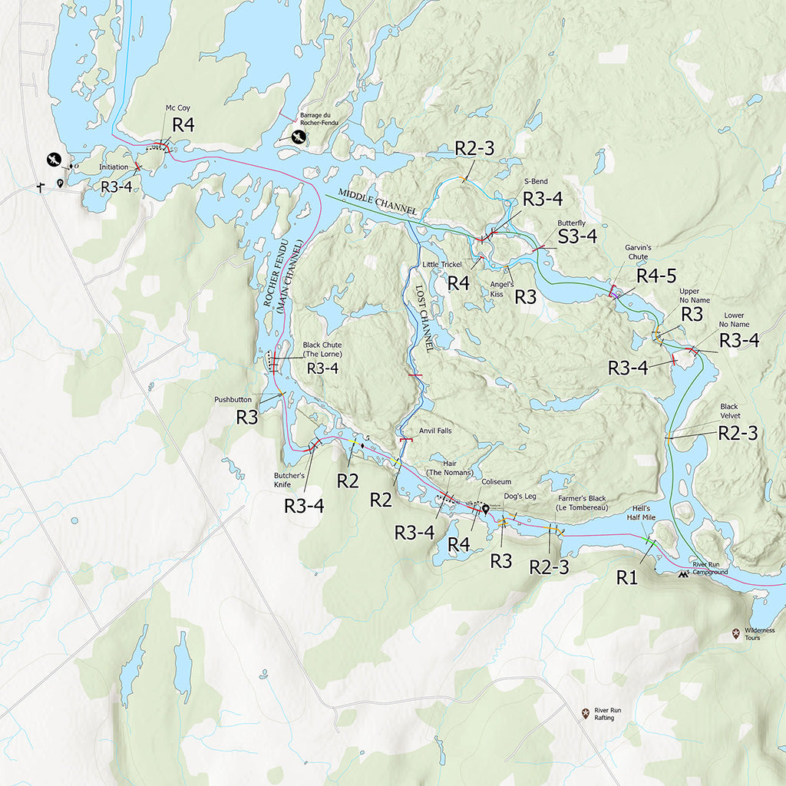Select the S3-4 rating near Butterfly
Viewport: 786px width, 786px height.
(x=577, y=237)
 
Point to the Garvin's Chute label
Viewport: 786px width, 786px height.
(x=637, y=252)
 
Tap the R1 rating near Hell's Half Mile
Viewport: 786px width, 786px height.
(x=627, y=578)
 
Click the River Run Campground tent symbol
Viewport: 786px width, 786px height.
(x=682, y=573)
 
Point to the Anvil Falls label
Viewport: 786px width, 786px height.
(x=435, y=431)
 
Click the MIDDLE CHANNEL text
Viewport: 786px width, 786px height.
(x=378, y=201)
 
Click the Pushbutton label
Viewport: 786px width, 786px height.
(x=233, y=399)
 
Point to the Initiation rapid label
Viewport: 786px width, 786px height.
(x=114, y=167)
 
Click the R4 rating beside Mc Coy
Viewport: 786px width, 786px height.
(x=183, y=126)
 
